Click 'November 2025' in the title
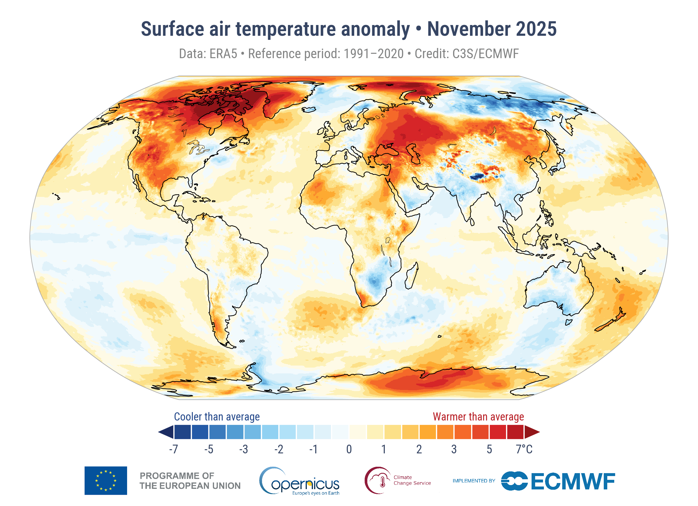click(492, 29)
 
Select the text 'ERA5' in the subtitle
click(223, 54)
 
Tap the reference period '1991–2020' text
click(373, 54)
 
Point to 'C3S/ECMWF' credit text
click(485, 54)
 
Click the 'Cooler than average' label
click(217, 417)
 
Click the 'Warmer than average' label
click(478, 417)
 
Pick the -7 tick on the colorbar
click(174, 449)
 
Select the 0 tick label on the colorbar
click(349, 449)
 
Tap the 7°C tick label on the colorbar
click(524, 449)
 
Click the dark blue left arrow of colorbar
click(166, 432)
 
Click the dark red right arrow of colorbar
click(532, 432)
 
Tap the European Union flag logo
click(106, 481)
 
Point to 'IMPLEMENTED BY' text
click(474, 481)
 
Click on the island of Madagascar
click(412, 276)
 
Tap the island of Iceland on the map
click(309, 110)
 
